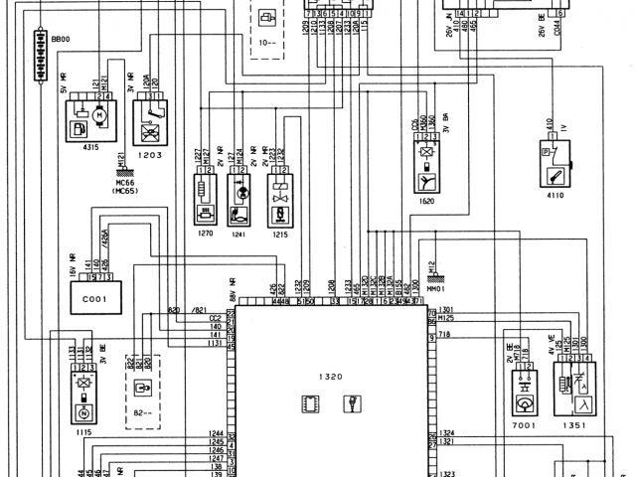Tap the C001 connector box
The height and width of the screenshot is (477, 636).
(94, 297)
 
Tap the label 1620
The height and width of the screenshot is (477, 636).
(427, 200)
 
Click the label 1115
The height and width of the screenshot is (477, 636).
(84, 434)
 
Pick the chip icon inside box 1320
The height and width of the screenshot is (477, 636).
(308, 403)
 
